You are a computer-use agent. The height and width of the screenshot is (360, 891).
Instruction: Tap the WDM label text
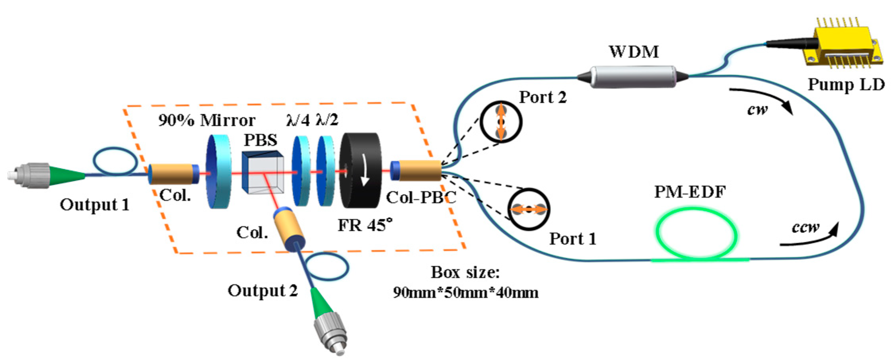(634, 52)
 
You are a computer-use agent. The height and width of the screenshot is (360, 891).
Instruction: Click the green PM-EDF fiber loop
(696, 235)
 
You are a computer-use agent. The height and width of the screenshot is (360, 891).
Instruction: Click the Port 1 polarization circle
(528, 209)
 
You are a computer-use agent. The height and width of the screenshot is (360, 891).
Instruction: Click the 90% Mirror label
(206, 120)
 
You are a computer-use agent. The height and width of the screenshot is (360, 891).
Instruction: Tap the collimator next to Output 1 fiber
(173, 174)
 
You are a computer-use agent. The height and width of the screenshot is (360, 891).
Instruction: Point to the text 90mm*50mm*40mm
(465, 293)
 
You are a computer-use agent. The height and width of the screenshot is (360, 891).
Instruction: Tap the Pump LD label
(846, 85)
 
